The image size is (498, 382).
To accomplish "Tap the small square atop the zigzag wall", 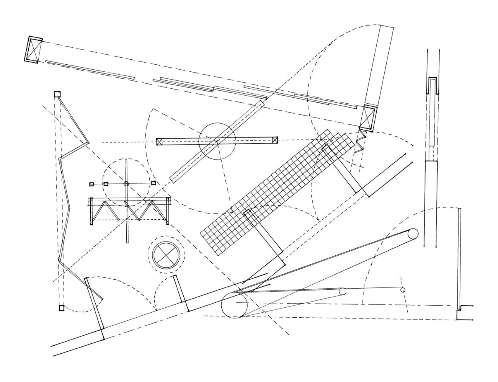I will pyautogui.click(x=57, y=94).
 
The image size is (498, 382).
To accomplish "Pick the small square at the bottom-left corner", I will pyautogui.click(x=61, y=308).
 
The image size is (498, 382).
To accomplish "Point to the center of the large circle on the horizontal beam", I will pyautogui.click(x=217, y=141).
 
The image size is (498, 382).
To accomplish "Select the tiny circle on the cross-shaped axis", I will pyautogui.click(x=126, y=184).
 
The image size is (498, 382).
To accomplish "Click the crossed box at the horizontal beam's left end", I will pyautogui.click(x=159, y=142).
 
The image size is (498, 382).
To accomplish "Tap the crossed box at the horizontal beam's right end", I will pyautogui.click(x=275, y=140).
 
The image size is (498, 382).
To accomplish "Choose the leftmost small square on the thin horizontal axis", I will pyautogui.click(x=92, y=184).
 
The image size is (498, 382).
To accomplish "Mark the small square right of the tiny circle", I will pyautogui.click(x=153, y=183).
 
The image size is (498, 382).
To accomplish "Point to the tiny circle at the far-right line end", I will pyautogui.click(x=403, y=290).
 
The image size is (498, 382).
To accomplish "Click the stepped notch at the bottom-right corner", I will pyautogui.click(x=459, y=312).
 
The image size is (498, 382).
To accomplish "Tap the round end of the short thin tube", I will pyautogui.click(x=343, y=292).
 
